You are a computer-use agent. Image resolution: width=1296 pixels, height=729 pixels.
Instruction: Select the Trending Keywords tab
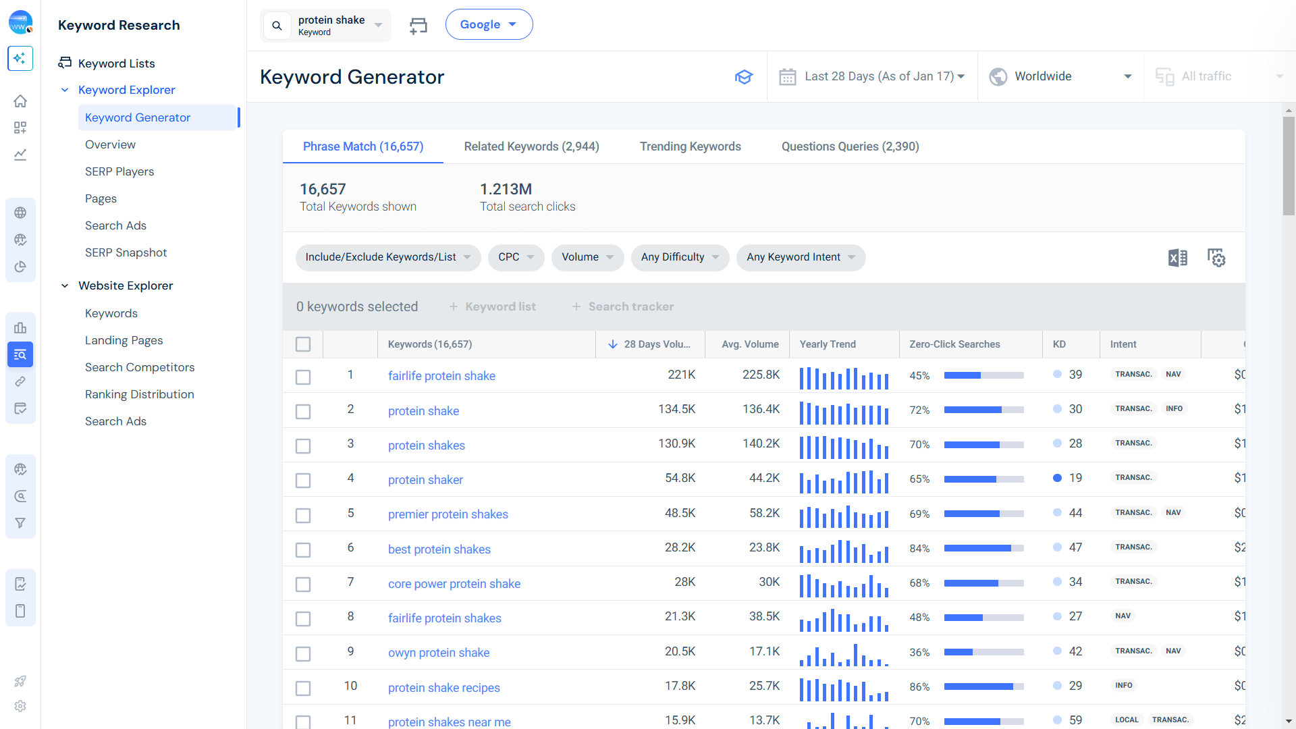(x=690, y=146)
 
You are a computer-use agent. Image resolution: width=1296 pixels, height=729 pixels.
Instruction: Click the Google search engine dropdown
(x=489, y=24)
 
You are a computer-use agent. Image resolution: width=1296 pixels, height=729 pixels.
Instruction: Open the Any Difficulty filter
(x=679, y=257)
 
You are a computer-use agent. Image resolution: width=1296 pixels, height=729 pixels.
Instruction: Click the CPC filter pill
(x=516, y=257)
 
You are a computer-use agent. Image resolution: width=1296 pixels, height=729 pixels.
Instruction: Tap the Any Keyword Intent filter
(x=800, y=257)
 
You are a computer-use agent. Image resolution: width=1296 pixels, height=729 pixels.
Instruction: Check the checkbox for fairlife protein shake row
(x=303, y=377)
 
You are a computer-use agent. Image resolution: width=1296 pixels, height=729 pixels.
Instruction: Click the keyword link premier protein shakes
(x=448, y=514)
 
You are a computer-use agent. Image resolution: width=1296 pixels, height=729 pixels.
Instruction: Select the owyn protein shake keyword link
(x=438, y=653)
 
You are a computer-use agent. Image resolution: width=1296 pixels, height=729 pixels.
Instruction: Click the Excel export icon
(x=1177, y=257)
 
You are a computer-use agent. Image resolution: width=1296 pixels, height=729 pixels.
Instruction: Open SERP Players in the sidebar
(x=119, y=171)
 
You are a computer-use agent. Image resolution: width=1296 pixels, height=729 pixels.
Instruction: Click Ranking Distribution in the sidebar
(x=139, y=394)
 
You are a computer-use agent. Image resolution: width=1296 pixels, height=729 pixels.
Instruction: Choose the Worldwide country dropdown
(x=1060, y=76)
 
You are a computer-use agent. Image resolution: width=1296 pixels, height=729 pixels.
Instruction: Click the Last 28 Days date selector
(x=872, y=76)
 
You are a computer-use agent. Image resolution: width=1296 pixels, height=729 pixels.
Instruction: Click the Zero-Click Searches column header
(x=954, y=344)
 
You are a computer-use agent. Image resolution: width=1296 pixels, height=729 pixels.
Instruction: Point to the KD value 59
(x=1075, y=720)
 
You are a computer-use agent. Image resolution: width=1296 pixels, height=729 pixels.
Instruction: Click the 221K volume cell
(x=681, y=375)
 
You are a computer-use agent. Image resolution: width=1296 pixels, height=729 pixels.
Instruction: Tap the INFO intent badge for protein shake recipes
(x=1123, y=685)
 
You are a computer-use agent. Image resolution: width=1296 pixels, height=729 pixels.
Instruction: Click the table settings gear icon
(x=1216, y=257)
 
